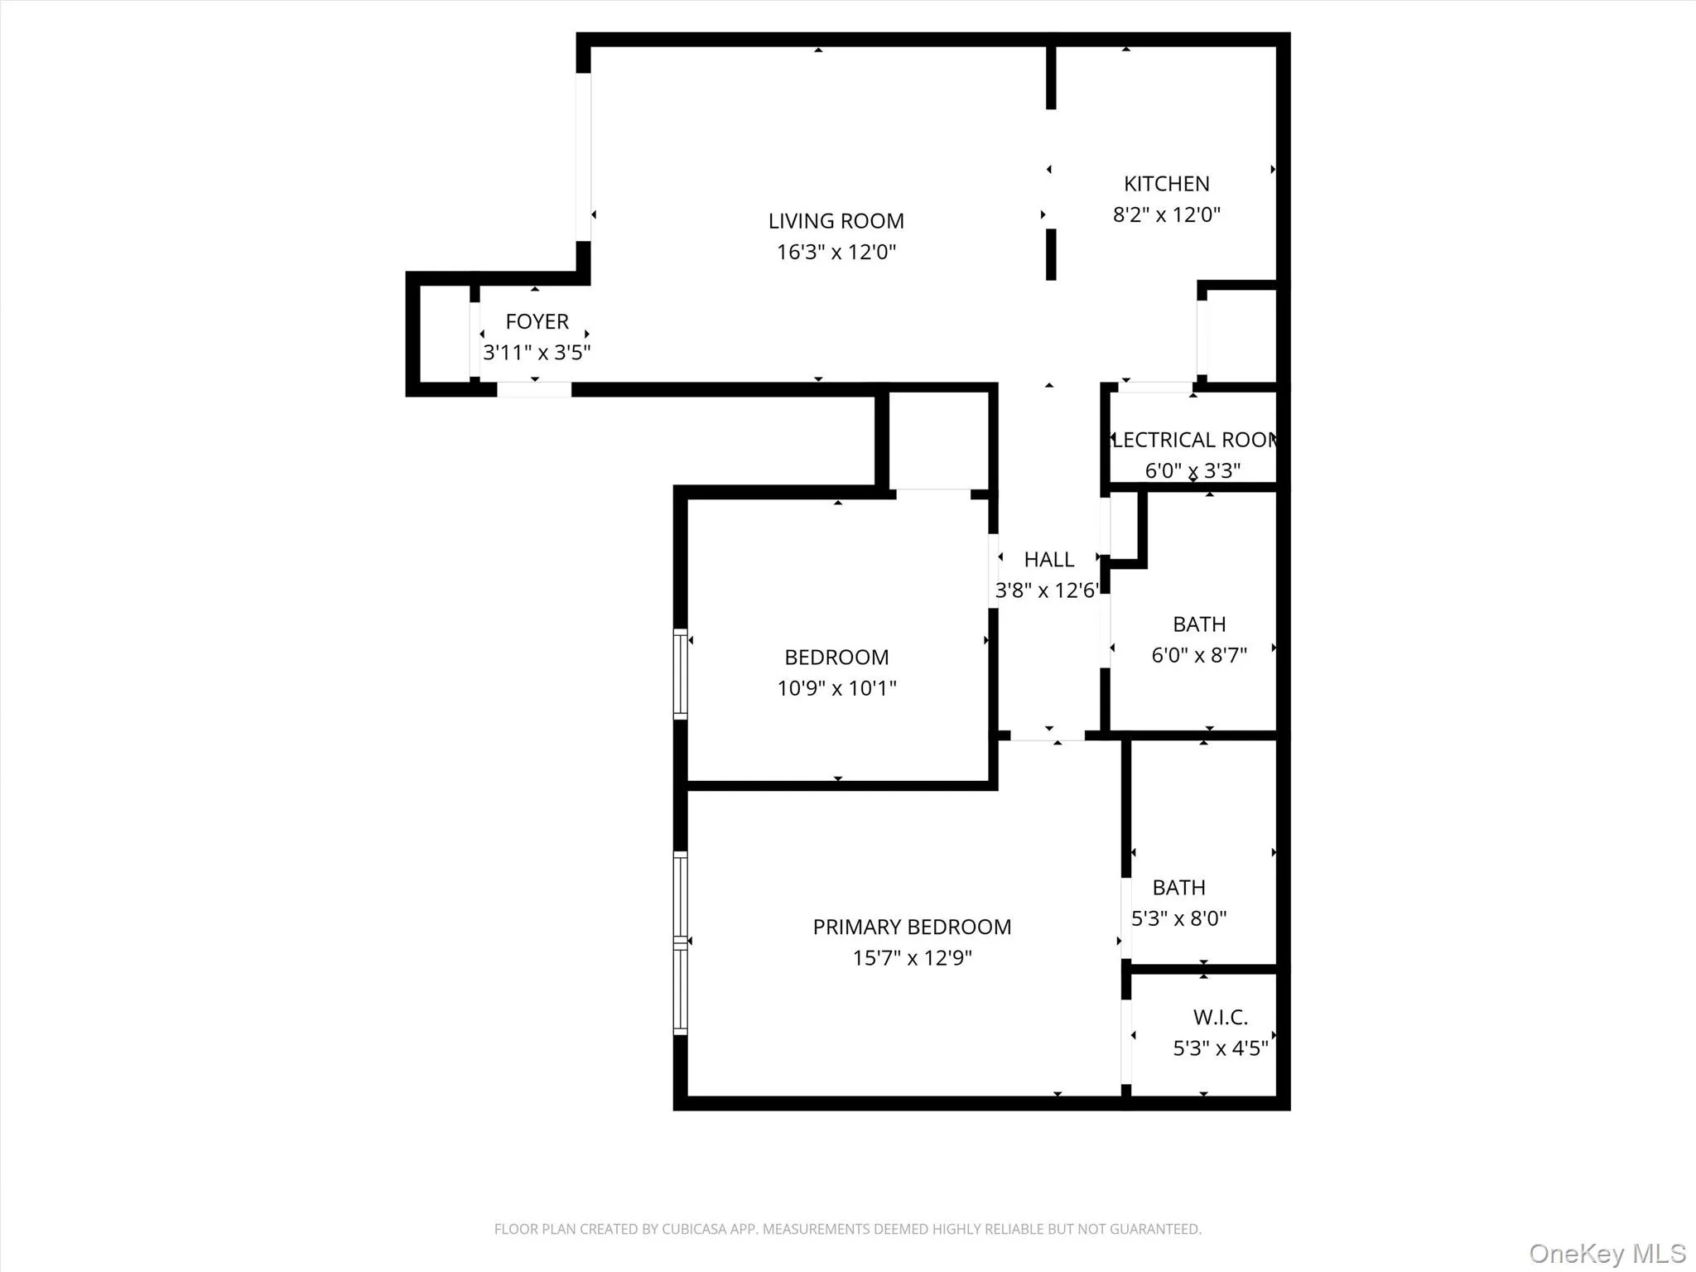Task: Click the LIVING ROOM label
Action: coord(836,221)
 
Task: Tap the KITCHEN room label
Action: coord(1166,184)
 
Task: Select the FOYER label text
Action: coord(537,321)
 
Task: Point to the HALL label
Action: coord(1048,560)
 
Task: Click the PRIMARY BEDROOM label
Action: coord(912,927)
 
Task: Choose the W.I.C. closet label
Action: coord(1220,1017)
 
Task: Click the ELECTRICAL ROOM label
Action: coord(1193,440)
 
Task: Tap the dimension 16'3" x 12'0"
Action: coord(836,252)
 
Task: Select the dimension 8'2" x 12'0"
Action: coord(1166,214)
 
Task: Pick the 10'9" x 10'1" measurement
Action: coord(836,688)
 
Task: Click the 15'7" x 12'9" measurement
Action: coord(912,958)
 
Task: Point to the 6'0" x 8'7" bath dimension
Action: coord(1198,655)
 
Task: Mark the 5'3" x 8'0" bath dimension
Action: coord(1178,918)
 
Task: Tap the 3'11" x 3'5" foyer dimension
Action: coord(537,353)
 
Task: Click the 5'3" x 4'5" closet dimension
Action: coord(1220,1048)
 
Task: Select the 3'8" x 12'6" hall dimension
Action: coord(1047,590)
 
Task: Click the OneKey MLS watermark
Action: coord(1607,1253)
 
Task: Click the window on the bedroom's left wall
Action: coord(680,673)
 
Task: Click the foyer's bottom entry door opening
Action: coord(534,389)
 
